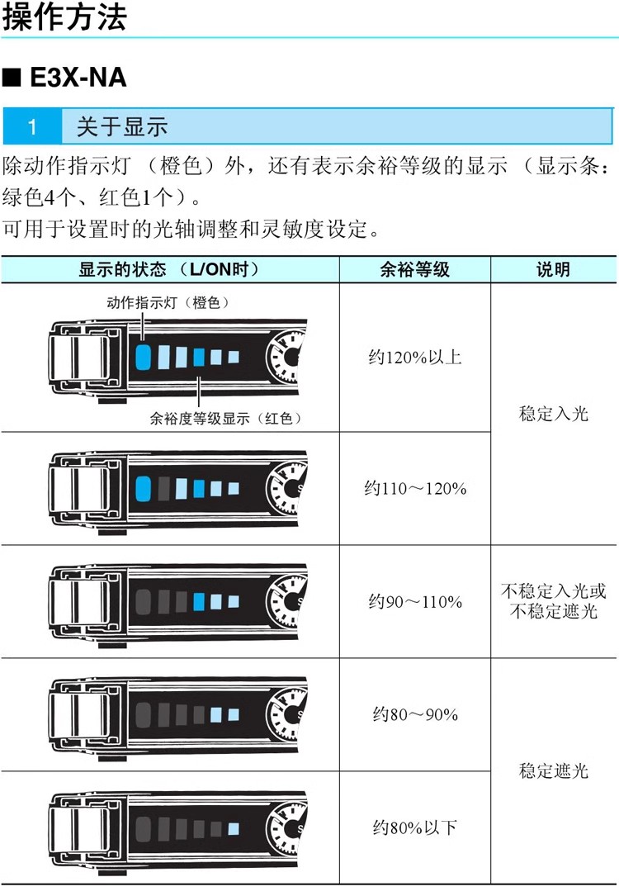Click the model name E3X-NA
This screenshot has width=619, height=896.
tap(78, 77)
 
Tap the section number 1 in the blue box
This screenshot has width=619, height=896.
tap(32, 126)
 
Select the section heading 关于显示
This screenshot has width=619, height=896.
tap(122, 126)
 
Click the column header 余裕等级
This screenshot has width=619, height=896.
tap(415, 269)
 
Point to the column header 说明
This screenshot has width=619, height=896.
tap(553, 269)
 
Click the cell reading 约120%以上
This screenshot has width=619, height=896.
tap(415, 357)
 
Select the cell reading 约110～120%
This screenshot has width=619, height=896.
tap(415, 489)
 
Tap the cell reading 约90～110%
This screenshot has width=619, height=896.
tap(415, 602)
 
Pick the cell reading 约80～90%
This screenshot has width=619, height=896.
tap(415, 714)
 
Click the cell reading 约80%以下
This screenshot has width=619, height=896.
tap(415, 827)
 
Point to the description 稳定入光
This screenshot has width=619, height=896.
tap(553, 414)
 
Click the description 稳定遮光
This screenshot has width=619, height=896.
tap(553, 770)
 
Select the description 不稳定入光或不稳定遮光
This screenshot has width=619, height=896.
tap(553, 601)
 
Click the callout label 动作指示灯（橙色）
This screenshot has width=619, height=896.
tap(168, 302)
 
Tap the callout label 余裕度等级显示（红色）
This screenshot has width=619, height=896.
tap(225, 419)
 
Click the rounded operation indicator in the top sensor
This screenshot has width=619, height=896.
tap(144, 357)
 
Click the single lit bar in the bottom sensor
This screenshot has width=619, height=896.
tap(234, 828)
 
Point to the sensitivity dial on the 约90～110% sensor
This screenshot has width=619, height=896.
tap(286, 601)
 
